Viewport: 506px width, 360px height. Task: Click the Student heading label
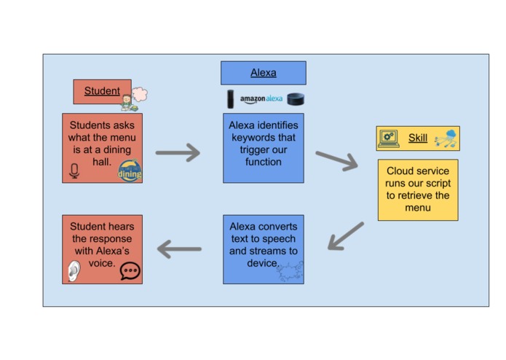coord(102,91)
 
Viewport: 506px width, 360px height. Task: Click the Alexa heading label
coord(263,73)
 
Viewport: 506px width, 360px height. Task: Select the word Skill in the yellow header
coord(418,138)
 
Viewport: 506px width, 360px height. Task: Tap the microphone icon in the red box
coord(74,171)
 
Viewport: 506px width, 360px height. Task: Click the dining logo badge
coord(130,171)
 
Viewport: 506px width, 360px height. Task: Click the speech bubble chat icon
coord(130,271)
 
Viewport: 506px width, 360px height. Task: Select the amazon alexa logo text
coord(261,99)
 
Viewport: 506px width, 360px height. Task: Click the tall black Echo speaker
coord(231,99)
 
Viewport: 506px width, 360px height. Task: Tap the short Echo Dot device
coord(295,100)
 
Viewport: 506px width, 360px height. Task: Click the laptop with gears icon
coord(389,138)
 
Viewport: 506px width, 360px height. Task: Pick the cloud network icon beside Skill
coord(445,138)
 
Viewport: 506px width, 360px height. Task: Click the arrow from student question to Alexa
coord(178,153)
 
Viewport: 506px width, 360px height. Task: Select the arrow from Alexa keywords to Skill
coord(336,160)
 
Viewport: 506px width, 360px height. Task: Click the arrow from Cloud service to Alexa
coord(345,236)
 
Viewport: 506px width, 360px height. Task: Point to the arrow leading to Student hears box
coord(179,250)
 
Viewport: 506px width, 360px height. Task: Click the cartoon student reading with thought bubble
coord(133,98)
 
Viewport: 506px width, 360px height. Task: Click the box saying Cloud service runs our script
coord(418,189)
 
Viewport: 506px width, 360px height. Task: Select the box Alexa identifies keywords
coord(263,147)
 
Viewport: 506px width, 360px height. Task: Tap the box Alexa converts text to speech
coord(263,249)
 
